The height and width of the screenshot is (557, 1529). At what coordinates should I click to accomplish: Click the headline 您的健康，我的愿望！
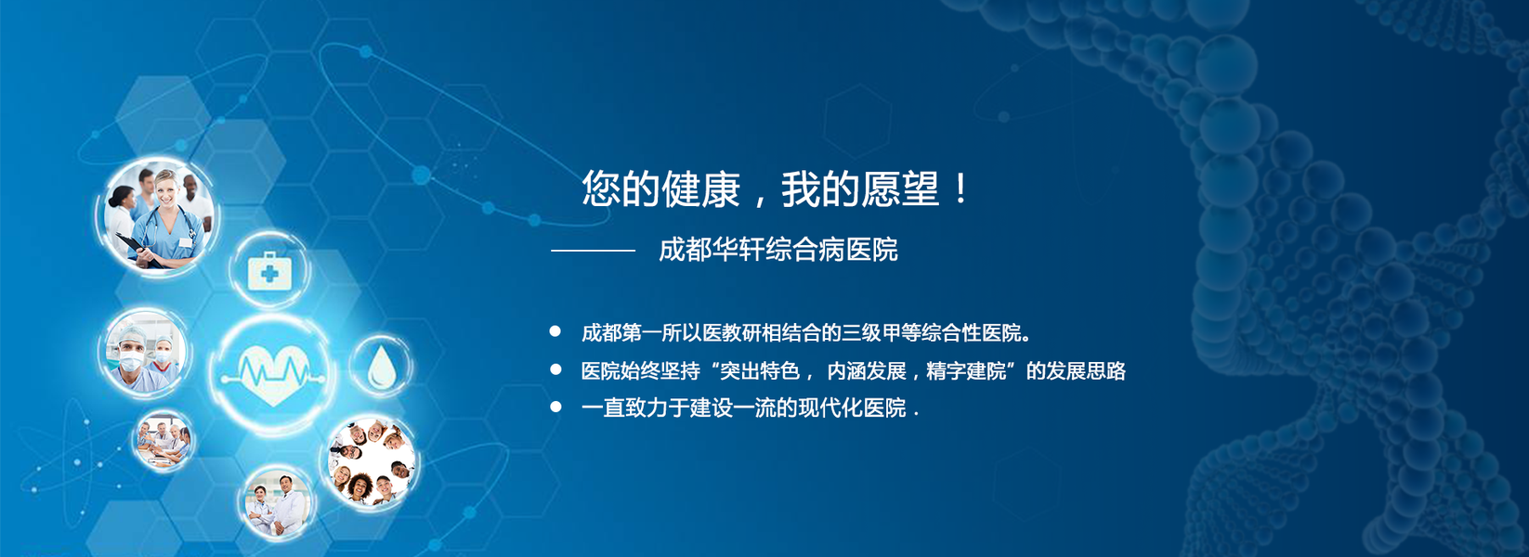click(775, 188)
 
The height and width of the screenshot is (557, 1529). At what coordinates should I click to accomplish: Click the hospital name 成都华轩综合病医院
click(778, 250)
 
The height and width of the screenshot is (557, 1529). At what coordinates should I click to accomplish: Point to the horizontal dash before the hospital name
click(594, 251)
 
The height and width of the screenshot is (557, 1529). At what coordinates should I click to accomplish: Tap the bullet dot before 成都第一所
click(555, 331)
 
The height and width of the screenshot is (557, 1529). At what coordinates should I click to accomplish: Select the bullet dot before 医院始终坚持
click(555, 369)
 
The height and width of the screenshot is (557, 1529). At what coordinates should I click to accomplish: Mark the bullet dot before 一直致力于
click(555, 407)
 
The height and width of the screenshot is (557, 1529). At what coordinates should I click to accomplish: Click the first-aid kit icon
click(269, 271)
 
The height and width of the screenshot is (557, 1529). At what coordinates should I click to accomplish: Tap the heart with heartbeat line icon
click(274, 373)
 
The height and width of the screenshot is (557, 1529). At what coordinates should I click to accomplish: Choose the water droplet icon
click(382, 366)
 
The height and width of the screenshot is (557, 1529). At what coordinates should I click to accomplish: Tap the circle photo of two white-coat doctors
click(277, 502)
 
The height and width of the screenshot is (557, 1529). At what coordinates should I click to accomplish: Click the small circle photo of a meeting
click(163, 440)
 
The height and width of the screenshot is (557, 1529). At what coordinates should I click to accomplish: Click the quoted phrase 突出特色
click(760, 371)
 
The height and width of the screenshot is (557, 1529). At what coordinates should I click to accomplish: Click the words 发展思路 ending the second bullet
click(1086, 371)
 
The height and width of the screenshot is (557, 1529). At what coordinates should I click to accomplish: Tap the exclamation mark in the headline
click(961, 188)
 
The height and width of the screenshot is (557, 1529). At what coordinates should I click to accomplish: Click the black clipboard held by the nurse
click(138, 251)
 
